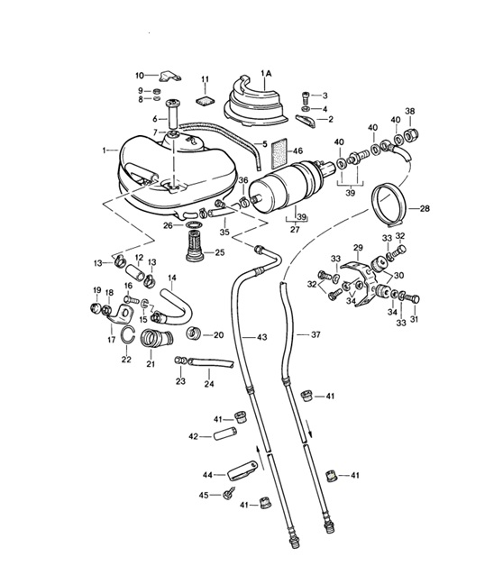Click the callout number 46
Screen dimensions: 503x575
click(x=297, y=151)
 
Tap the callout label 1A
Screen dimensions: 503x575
click(x=266, y=73)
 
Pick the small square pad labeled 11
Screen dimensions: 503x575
click(x=206, y=100)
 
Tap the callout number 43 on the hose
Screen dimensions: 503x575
click(x=261, y=337)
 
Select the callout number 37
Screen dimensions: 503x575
click(x=316, y=334)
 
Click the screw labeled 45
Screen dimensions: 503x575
click(x=229, y=492)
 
